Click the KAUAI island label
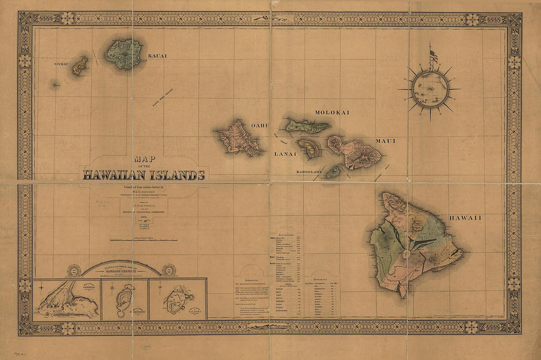(x=157, y=56)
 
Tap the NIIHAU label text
(x=61, y=64)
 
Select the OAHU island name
(x=260, y=126)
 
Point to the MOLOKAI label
(x=332, y=113)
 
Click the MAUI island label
(x=386, y=141)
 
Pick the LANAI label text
(x=285, y=154)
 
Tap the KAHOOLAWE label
(x=309, y=172)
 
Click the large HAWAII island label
(x=465, y=217)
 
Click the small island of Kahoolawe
(x=333, y=172)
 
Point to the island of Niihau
(x=80, y=65)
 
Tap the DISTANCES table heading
(x=323, y=279)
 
